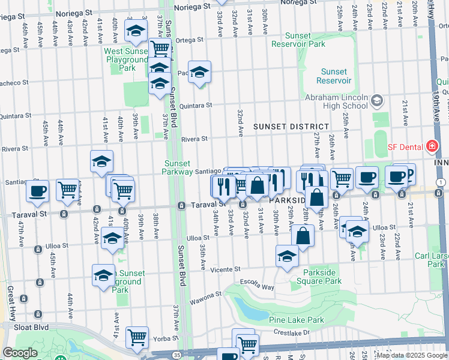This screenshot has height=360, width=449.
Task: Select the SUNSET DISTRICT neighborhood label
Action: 291,127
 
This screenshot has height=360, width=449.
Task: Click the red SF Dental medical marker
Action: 431,146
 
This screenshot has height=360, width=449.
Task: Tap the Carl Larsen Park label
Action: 432,260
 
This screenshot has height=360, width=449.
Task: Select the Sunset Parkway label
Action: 176,167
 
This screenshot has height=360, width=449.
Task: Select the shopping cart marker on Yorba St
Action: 137,337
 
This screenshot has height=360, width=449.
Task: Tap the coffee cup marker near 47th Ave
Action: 37,191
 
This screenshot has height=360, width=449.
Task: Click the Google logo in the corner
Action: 19,353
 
